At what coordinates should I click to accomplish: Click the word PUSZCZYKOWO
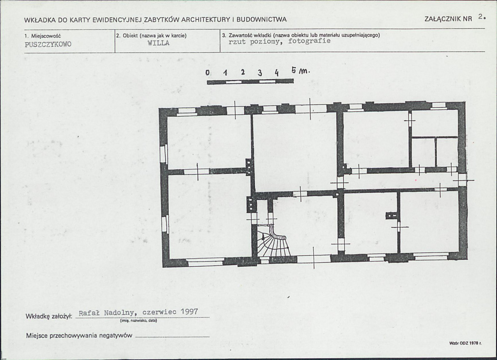[x=48, y=44]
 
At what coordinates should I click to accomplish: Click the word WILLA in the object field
[x=158, y=43]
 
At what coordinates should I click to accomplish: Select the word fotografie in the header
[x=309, y=41]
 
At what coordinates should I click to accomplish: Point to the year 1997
[x=189, y=311]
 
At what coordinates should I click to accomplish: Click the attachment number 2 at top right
[x=482, y=17]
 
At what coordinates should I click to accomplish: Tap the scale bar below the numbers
[x=250, y=82]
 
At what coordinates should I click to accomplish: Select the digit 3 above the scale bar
[x=260, y=73]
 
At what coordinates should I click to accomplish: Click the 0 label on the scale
[x=207, y=73]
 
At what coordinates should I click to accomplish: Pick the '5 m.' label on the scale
[x=300, y=71]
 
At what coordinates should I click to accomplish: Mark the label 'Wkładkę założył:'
[x=49, y=316]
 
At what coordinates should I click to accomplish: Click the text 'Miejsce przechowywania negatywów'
[x=79, y=336]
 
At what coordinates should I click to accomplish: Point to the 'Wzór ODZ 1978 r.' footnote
[x=465, y=343]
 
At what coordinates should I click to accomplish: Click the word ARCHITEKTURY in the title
[x=206, y=19]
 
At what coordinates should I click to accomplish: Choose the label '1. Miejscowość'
[x=42, y=36]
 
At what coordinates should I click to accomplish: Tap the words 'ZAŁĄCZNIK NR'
[x=448, y=19]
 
